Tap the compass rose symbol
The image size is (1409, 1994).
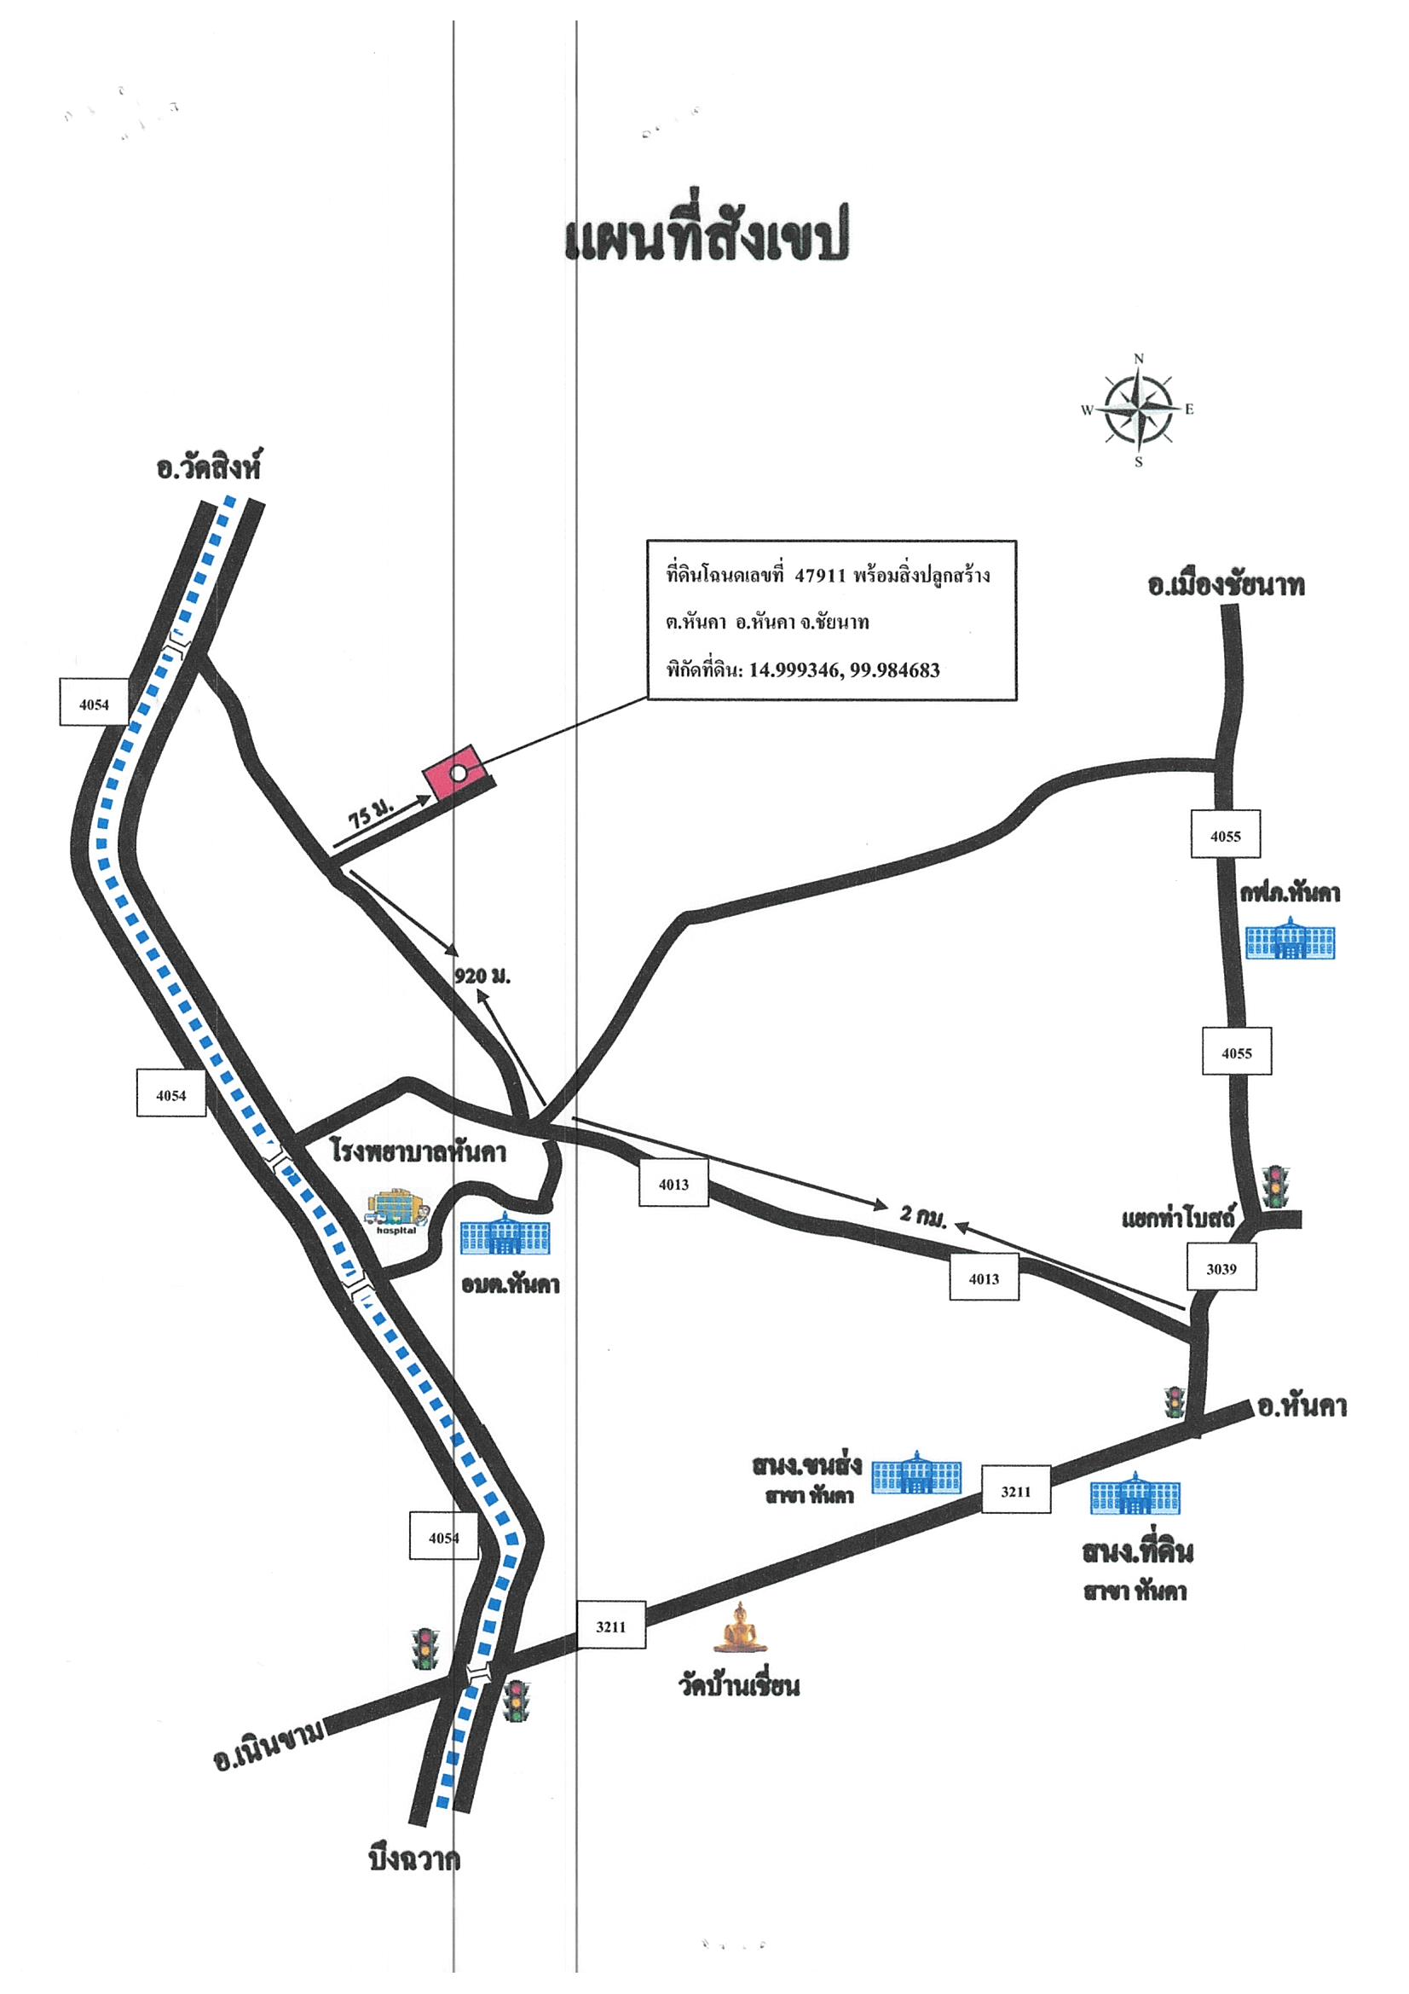point(1138,410)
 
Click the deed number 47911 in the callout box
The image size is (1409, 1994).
point(819,576)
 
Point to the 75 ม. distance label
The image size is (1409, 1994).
point(372,814)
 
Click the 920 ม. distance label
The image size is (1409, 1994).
point(482,977)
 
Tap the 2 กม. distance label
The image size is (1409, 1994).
point(923,1217)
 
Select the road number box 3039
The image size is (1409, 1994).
point(1221,1269)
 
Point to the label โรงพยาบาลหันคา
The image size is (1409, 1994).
point(419,1151)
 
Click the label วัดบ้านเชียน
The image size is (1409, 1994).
point(739,1686)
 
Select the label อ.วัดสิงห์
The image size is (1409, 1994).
point(208,467)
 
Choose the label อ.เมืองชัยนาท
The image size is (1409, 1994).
point(1225,585)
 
